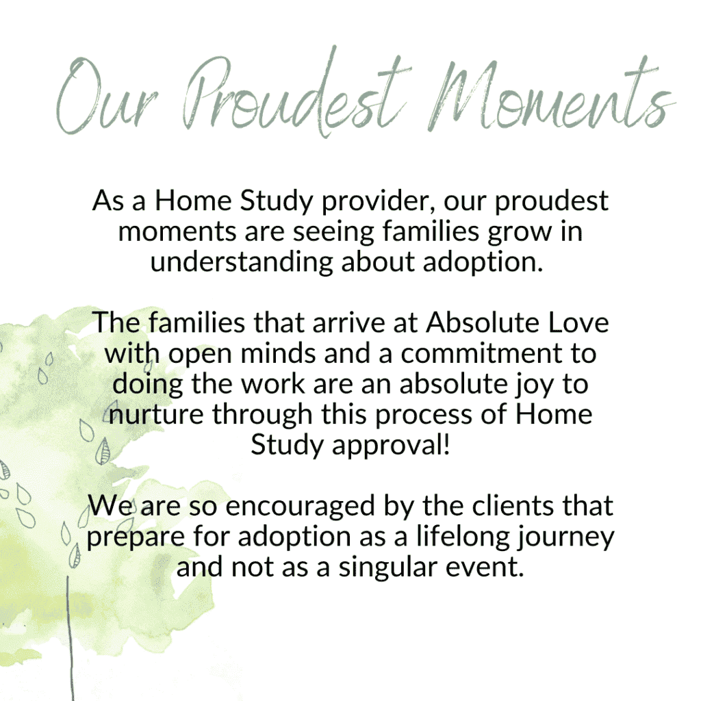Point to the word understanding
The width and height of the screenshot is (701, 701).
pyautogui.click(x=242, y=262)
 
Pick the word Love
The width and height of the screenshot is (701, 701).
pyautogui.click(x=578, y=323)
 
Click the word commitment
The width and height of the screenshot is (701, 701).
pyautogui.click(x=481, y=353)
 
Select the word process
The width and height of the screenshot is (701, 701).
pyautogui.click(x=423, y=416)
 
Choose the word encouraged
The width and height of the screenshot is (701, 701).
pyautogui.click(x=300, y=507)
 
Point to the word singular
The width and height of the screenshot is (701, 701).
pyautogui.click(x=387, y=568)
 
